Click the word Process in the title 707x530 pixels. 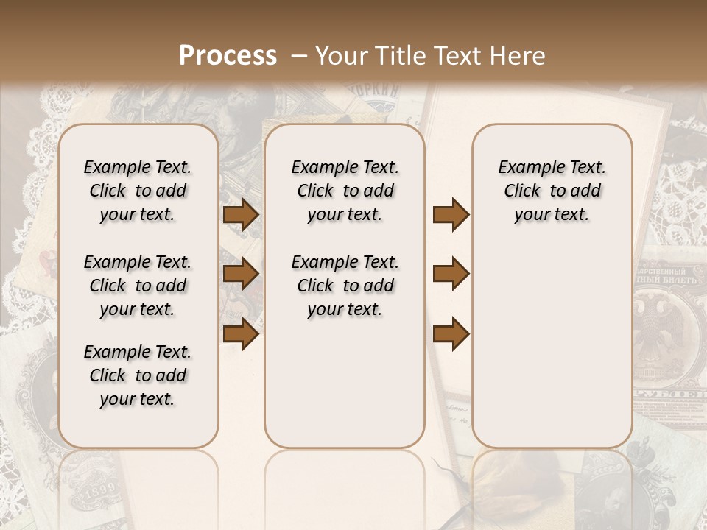pos(228,56)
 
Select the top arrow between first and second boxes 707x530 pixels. pos(241,214)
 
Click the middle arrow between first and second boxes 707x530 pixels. pos(241,274)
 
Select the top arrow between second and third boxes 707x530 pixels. pos(451,214)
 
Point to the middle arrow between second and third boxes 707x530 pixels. pos(451,274)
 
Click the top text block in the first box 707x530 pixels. pos(138,191)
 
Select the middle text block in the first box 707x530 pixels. pos(138,286)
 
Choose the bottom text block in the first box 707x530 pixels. pos(138,375)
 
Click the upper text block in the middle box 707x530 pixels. pos(345,191)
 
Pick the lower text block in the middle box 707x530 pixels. pos(345,286)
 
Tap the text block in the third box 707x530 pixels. pos(552,191)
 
